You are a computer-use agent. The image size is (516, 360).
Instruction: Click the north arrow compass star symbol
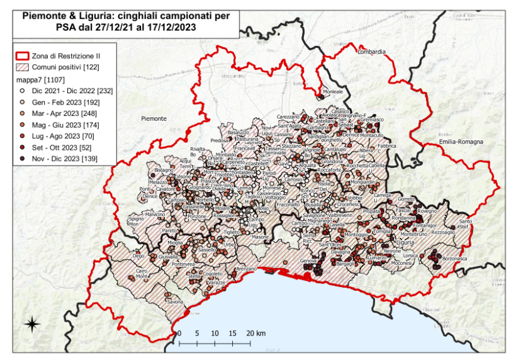(x=31, y=324)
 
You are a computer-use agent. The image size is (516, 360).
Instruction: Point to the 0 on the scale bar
(x=179, y=333)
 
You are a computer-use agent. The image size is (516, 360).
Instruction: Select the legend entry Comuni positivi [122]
(x=65, y=67)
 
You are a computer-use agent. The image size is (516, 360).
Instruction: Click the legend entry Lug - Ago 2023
(x=63, y=136)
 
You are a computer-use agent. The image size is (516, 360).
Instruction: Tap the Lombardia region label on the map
(x=371, y=52)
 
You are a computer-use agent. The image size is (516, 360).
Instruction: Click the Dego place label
(x=138, y=256)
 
